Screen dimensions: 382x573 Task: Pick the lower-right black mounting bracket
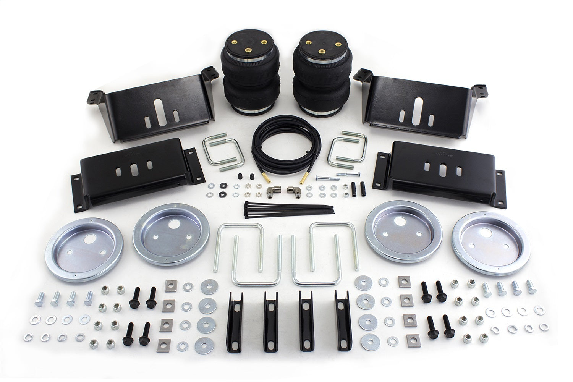click(437, 172)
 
